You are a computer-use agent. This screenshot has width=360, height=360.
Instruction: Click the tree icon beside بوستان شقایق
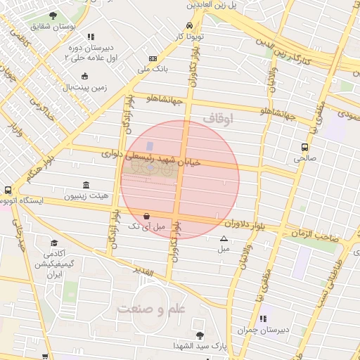pyautogui.click(x=53, y=15)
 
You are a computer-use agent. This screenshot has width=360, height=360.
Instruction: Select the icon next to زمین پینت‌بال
pyautogui.click(x=85, y=77)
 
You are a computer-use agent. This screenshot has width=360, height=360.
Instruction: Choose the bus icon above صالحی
pyautogui.click(x=305, y=148)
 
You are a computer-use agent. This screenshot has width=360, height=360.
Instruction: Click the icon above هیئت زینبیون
pyautogui.click(x=86, y=186)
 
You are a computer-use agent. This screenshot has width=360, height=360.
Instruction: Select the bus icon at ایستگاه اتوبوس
pyautogui.click(x=8, y=191)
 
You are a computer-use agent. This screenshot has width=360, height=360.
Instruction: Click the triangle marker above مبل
pyautogui.click(x=224, y=238)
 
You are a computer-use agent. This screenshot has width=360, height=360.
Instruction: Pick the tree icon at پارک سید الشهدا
pyautogui.click(x=200, y=335)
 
